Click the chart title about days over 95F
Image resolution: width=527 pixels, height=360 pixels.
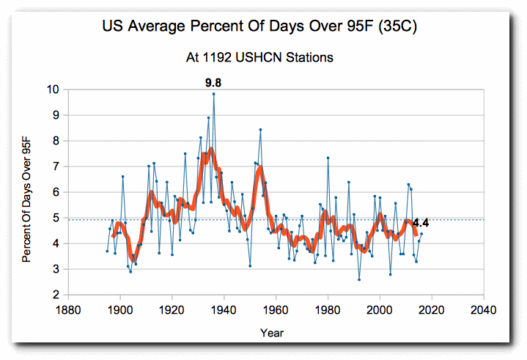click(x=263, y=28)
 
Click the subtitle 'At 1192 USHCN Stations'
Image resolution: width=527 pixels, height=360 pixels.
click(x=263, y=56)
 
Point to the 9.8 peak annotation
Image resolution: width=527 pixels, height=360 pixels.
click(x=213, y=83)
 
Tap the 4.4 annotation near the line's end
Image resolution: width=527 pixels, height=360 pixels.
click(x=421, y=222)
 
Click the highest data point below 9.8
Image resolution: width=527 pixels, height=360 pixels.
click(x=213, y=94)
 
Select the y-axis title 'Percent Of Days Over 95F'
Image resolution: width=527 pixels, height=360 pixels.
click(x=26, y=192)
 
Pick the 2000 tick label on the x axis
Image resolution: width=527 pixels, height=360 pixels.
click(x=380, y=309)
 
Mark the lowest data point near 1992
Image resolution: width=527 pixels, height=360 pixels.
click(x=359, y=279)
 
